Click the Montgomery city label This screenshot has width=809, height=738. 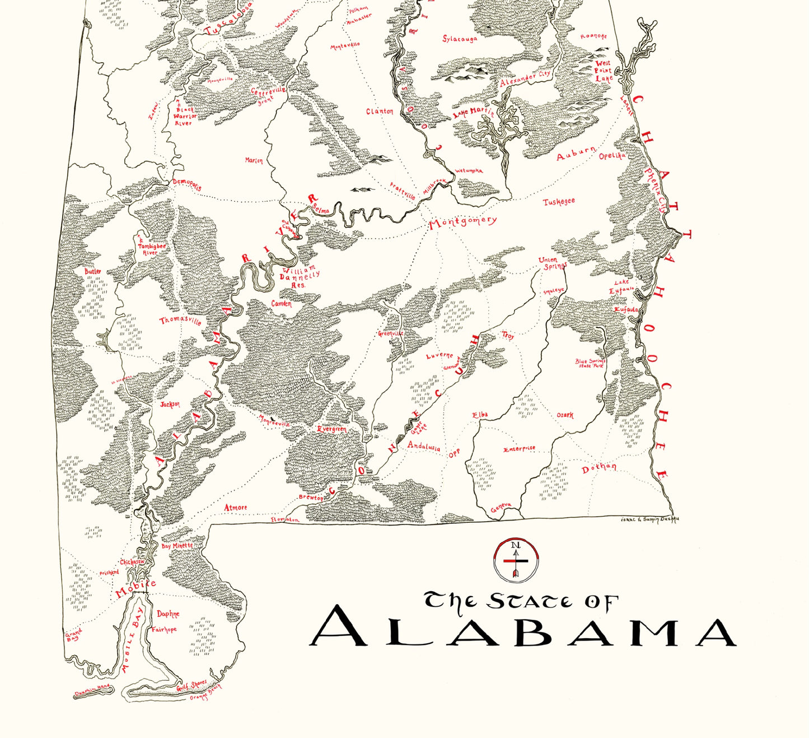coord(462,222)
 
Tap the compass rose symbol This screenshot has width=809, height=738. coord(516,559)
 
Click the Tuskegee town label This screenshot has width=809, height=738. coord(559,202)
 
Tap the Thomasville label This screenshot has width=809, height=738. coord(180,321)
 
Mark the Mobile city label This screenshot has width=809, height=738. coord(135,590)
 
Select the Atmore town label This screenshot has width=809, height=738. coord(235,508)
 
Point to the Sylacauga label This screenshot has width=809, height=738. coord(460,39)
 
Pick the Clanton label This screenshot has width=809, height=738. coord(380,112)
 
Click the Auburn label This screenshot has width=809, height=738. coord(576,154)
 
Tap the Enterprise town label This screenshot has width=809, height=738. coord(519,449)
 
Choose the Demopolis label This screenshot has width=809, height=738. coord(186,185)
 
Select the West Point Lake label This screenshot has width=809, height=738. coord(604,71)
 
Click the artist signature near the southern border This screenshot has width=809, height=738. coord(649,521)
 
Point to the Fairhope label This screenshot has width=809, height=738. coord(163,629)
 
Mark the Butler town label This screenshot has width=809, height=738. coord(93,272)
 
